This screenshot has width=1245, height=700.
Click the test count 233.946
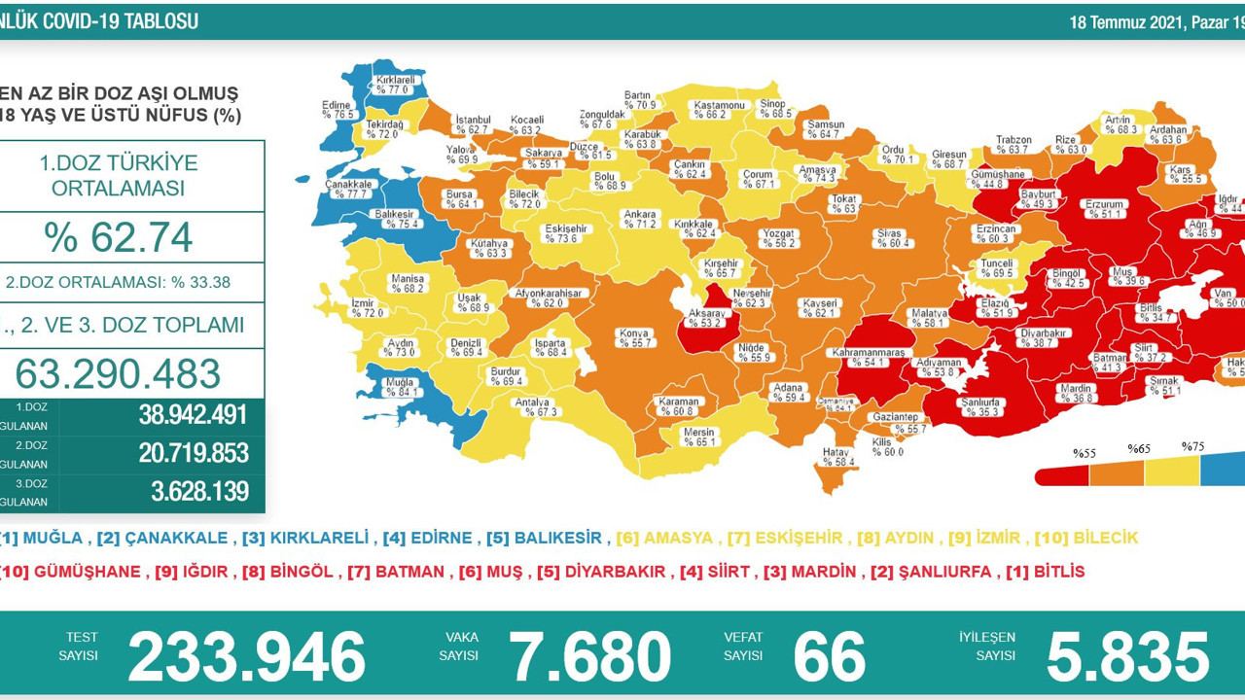tap(246, 656)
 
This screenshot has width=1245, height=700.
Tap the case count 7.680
tap(590, 656)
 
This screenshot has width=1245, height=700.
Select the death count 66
tap(829, 656)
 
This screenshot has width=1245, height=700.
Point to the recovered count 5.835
tap(1126, 656)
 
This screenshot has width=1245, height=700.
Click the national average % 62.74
tap(120, 237)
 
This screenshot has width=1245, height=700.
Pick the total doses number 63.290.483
tap(119, 373)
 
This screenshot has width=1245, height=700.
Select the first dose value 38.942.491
tap(193, 415)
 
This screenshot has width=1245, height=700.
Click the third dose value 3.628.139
tap(199, 492)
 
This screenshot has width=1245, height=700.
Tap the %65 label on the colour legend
tap(1139, 449)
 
